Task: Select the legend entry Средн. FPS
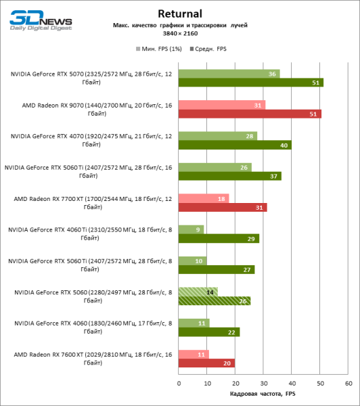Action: [x=212, y=49]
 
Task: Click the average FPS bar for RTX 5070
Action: [x=250, y=83]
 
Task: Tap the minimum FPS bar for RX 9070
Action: [x=221, y=105]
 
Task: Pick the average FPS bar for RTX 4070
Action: [x=234, y=145]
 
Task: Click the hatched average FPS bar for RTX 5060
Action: [x=214, y=300]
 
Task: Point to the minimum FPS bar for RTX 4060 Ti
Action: [x=191, y=229]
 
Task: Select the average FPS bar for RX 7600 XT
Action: [x=206, y=363]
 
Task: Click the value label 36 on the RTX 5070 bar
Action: [x=272, y=74]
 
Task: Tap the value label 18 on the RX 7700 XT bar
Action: [x=221, y=198]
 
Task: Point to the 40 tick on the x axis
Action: [x=292, y=383]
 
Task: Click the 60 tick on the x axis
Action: [x=348, y=383]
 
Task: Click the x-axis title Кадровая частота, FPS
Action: [x=263, y=394]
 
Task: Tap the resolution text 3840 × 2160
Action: [x=180, y=33]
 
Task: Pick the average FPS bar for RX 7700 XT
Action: [x=222, y=207]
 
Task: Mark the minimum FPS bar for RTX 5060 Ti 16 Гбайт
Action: [x=215, y=167]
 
